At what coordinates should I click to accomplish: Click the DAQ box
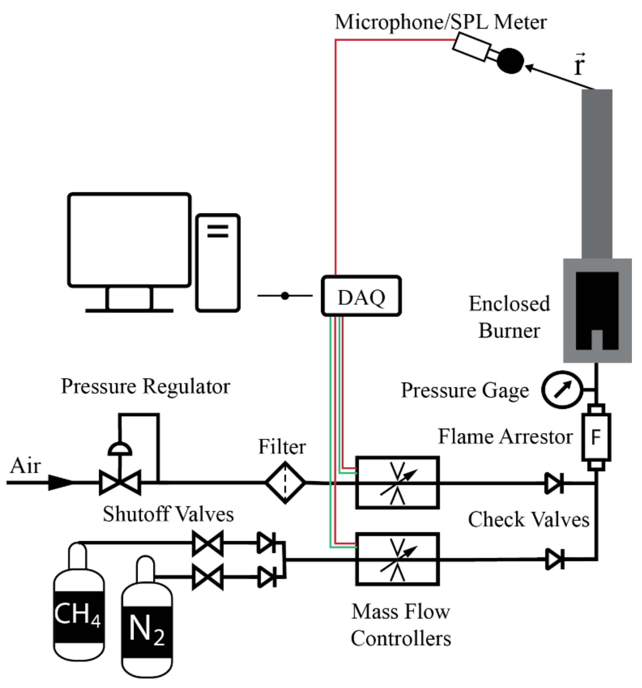point(361,296)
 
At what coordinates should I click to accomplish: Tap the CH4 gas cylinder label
point(78,614)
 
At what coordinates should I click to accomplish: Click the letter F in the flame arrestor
point(596,437)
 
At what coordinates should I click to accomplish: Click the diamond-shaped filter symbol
point(285,482)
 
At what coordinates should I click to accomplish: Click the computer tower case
point(218,263)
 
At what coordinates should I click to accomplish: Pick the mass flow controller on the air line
point(398,482)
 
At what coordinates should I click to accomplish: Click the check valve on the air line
point(554,483)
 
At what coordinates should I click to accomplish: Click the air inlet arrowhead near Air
point(61,482)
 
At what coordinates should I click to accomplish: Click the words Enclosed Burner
point(509,317)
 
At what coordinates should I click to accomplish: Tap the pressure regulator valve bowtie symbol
point(120,482)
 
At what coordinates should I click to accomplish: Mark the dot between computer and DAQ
point(285,296)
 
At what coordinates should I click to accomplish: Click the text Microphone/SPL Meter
point(440,22)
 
